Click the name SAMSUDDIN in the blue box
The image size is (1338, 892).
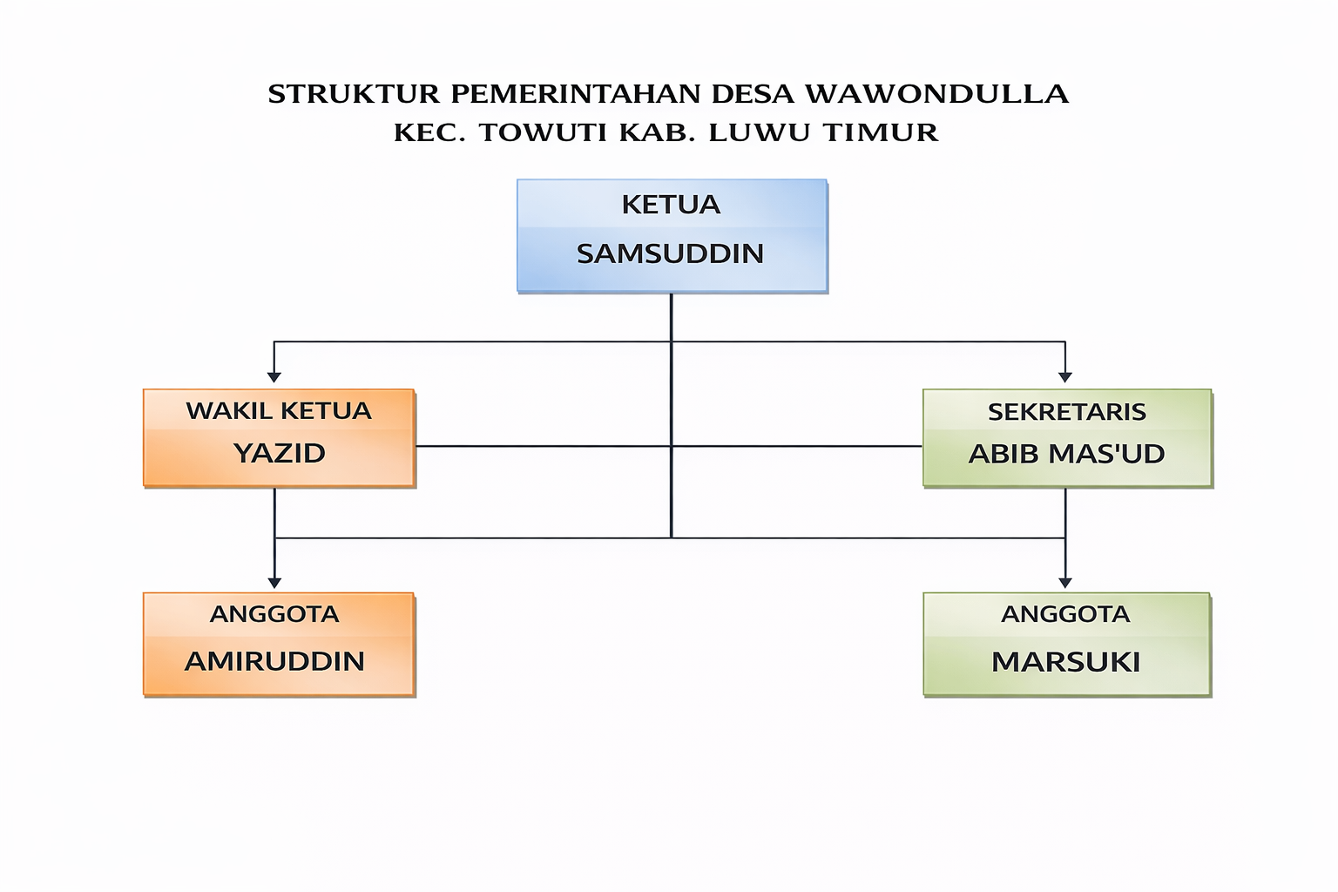coord(670,253)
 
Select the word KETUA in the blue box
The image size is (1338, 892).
coord(671,205)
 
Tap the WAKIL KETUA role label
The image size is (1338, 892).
coord(279,411)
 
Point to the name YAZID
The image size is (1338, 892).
coord(279,453)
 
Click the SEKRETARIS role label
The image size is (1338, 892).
coord(1066,412)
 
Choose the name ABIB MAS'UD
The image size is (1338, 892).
coord(1066,454)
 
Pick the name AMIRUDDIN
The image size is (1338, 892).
coord(274,661)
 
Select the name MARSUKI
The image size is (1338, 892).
coord(1065,662)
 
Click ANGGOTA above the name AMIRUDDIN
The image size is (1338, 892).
coord(274,614)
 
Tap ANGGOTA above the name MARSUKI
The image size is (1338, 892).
coord(1065,614)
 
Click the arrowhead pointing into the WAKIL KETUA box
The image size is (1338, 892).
coord(274,377)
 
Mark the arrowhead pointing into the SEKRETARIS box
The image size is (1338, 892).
coord(1064,377)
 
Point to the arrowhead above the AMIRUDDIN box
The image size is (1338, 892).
coord(274,583)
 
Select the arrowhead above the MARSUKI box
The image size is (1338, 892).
coord(1064,583)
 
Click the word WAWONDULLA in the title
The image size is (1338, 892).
coord(936,94)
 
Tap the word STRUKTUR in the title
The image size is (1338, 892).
coord(354,94)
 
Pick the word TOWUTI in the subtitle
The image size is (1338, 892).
coord(544,132)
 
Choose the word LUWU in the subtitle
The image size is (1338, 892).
coord(760,132)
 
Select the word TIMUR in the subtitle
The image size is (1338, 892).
coord(881,132)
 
